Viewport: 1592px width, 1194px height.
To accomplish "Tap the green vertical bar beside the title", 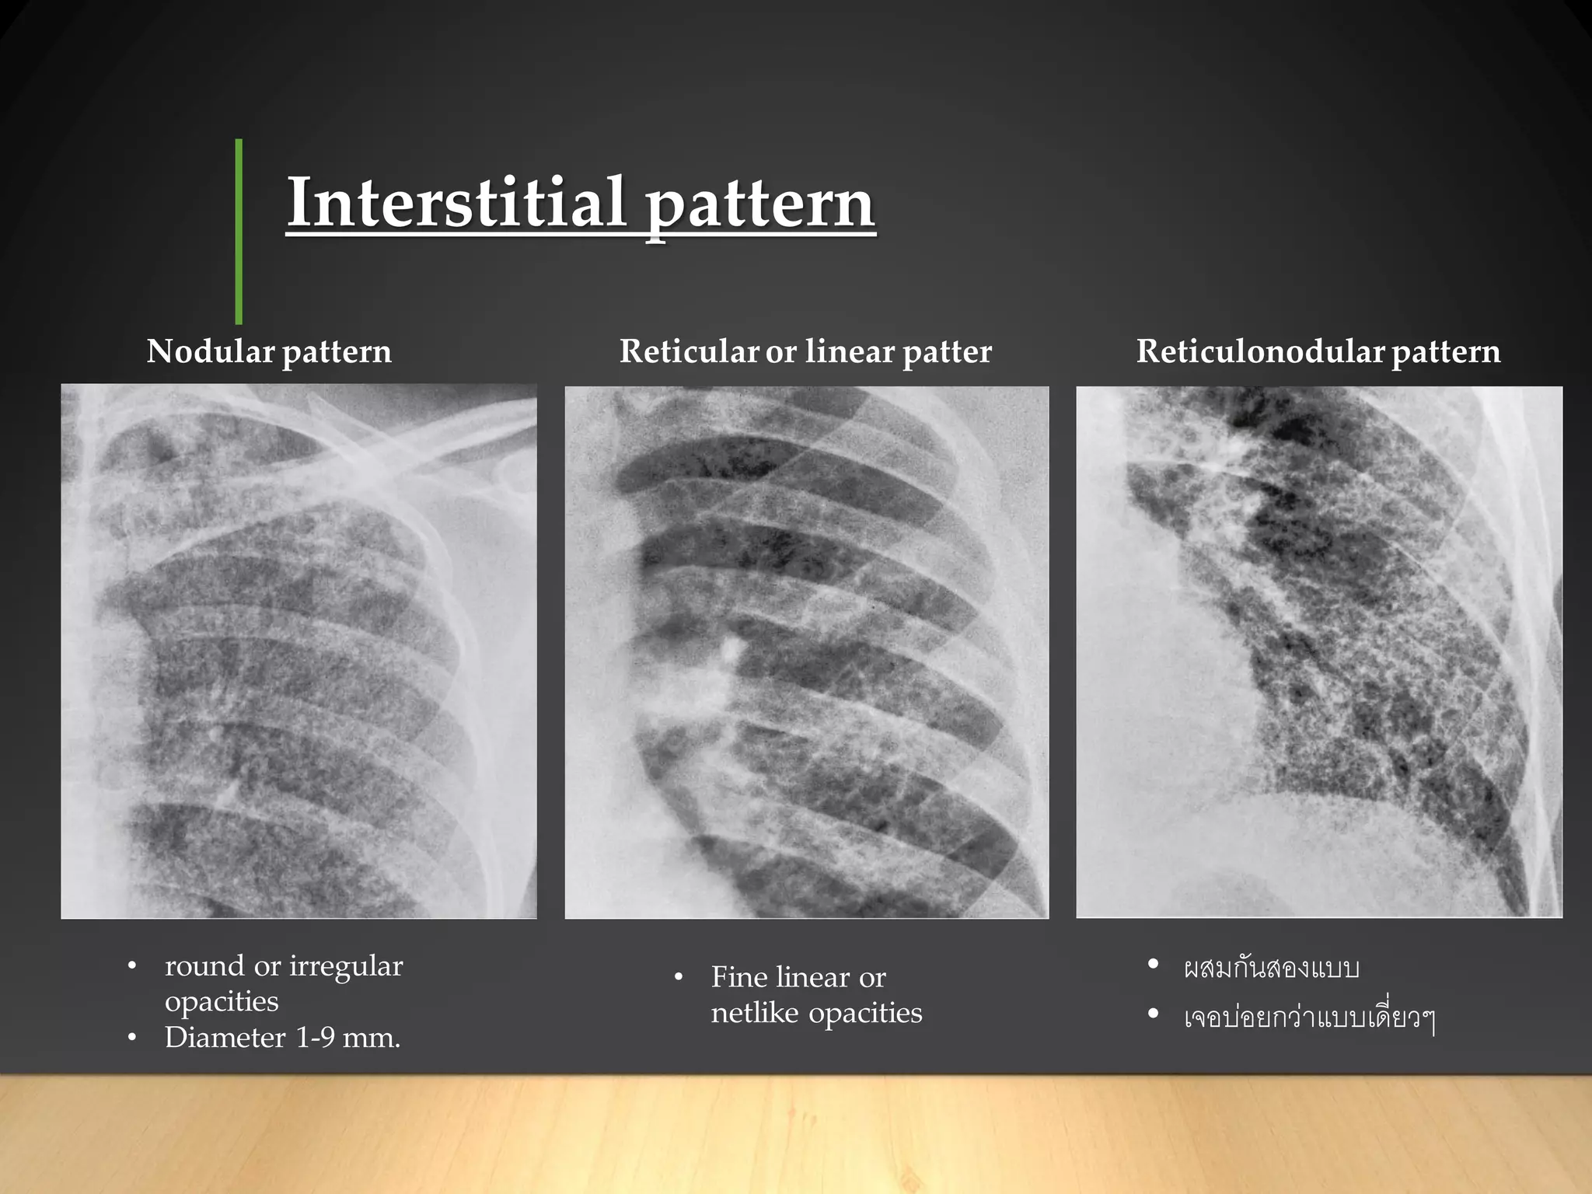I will click(x=239, y=231).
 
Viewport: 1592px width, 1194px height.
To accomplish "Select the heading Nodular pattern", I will click(x=269, y=351).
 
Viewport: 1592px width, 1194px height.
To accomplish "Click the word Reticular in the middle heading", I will click(x=689, y=351).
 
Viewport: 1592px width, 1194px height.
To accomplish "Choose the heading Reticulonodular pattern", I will click(x=1318, y=351).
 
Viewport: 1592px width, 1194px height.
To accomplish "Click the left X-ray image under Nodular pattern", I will click(x=298, y=651).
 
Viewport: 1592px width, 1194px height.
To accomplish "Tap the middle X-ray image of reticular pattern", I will click(x=806, y=651).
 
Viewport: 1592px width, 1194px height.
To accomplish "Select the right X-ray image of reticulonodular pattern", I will click(x=1318, y=651).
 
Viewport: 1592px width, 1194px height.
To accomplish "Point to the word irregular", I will click(x=346, y=966).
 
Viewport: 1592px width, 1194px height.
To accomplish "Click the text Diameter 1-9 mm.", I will click(x=282, y=1038).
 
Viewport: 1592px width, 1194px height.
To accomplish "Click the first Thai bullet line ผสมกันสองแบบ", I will click(x=1271, y=969).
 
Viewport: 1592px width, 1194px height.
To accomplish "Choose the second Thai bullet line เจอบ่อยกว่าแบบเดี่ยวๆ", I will click(x=1308, y=1017).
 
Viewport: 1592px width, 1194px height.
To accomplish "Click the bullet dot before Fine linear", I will click(x=679, y=978).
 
